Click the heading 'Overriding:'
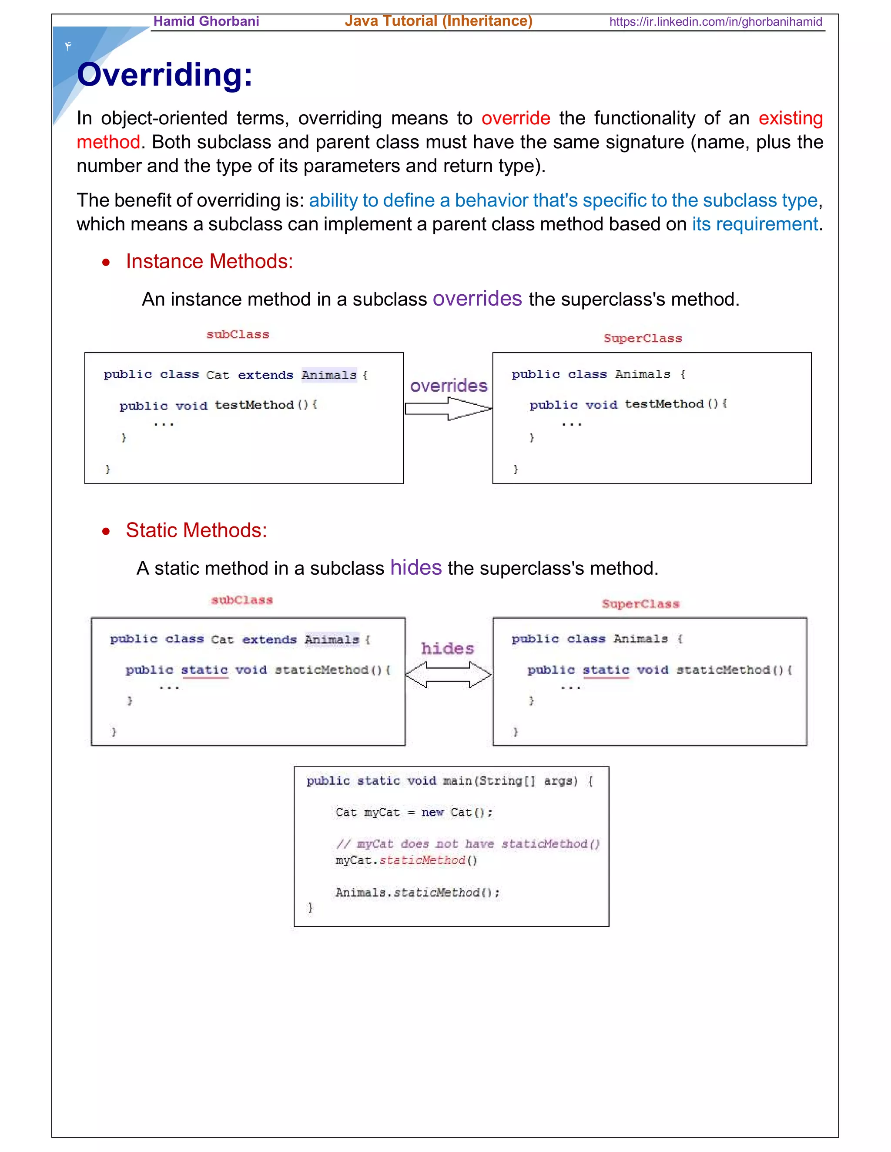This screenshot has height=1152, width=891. tap(165, 75)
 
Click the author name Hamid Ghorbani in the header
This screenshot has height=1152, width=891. tap(206, 22)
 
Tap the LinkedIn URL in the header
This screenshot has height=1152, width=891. tap(715, 22)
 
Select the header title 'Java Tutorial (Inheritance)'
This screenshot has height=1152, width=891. tap(438, 21)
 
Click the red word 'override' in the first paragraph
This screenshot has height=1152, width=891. tap(515, 118)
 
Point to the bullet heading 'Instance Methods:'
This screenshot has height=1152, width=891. tap(209, 262)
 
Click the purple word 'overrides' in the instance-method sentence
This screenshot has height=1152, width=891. tap(477, 299)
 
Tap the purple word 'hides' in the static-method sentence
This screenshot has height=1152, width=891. tap(415, 568)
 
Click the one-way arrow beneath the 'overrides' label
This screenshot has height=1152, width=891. tap(448, 409)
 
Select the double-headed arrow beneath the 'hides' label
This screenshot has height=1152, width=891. tap(448, 675)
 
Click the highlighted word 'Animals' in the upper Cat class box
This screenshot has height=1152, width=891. tap(329, 375)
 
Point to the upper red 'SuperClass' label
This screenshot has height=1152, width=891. tap(643, 339)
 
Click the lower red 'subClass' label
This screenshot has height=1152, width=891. tap(242, 600)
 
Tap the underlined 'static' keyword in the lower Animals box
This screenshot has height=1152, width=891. tap(606, 670)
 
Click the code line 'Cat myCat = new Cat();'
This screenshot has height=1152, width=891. tap(413, 812)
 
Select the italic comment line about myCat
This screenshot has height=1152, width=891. tap(468, 844)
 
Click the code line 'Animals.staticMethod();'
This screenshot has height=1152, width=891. tap(417, 892)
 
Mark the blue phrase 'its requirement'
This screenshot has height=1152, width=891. tap(754, 225)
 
